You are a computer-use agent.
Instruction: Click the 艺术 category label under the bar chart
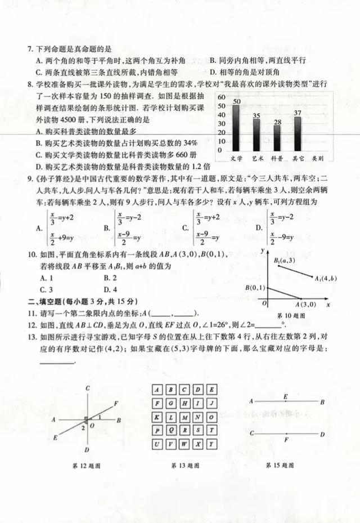tap(257, 159)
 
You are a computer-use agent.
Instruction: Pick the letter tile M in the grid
tap(184, 417)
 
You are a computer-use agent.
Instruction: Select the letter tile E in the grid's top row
tap(210, 390)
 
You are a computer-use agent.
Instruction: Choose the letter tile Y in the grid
tap(210, 444)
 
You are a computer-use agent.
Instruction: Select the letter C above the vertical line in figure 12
tap(88, 388)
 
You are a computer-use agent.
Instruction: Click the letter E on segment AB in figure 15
tap(285, 397)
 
